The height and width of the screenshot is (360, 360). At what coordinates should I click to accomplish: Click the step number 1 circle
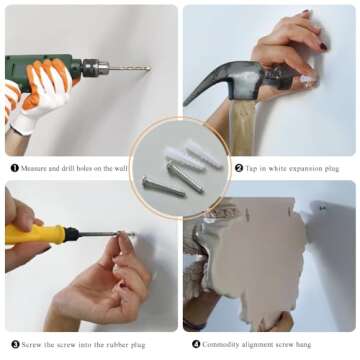pos(15,168)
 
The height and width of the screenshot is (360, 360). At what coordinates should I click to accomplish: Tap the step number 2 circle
pos(239,168)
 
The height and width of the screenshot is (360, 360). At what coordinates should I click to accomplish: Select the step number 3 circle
pos(15,344)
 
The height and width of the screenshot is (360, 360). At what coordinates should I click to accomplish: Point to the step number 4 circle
pos(196,344)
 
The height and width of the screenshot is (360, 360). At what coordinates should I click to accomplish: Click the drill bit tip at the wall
pos(150,68)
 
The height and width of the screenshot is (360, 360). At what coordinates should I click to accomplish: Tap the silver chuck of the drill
pos(96,68)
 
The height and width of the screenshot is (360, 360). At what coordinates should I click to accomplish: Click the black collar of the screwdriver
pos(72,234)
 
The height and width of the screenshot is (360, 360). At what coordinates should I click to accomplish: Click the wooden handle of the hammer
pos(242,128)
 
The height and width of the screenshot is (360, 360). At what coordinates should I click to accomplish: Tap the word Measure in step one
pos(34,168)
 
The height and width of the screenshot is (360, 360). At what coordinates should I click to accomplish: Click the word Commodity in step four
pos(220,344)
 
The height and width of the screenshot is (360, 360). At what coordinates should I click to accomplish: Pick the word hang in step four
pos(303,345)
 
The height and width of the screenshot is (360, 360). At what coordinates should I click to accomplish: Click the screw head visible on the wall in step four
pos(322,208)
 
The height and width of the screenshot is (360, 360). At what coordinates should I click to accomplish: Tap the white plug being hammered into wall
pos(308,79)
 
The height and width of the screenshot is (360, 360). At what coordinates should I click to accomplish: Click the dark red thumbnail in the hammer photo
pos(323,46)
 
